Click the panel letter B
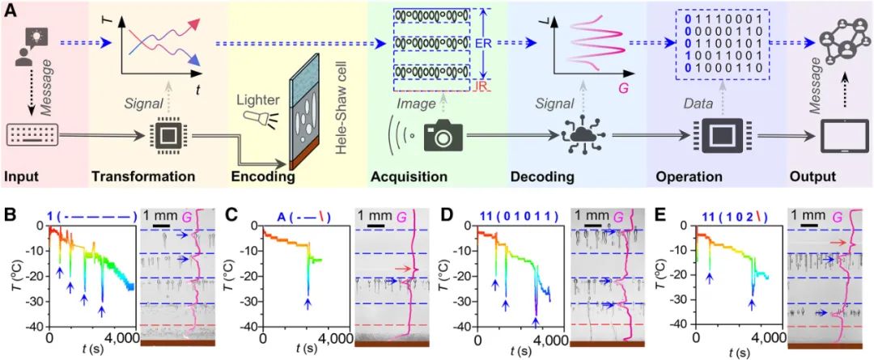tap(10, 216)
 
